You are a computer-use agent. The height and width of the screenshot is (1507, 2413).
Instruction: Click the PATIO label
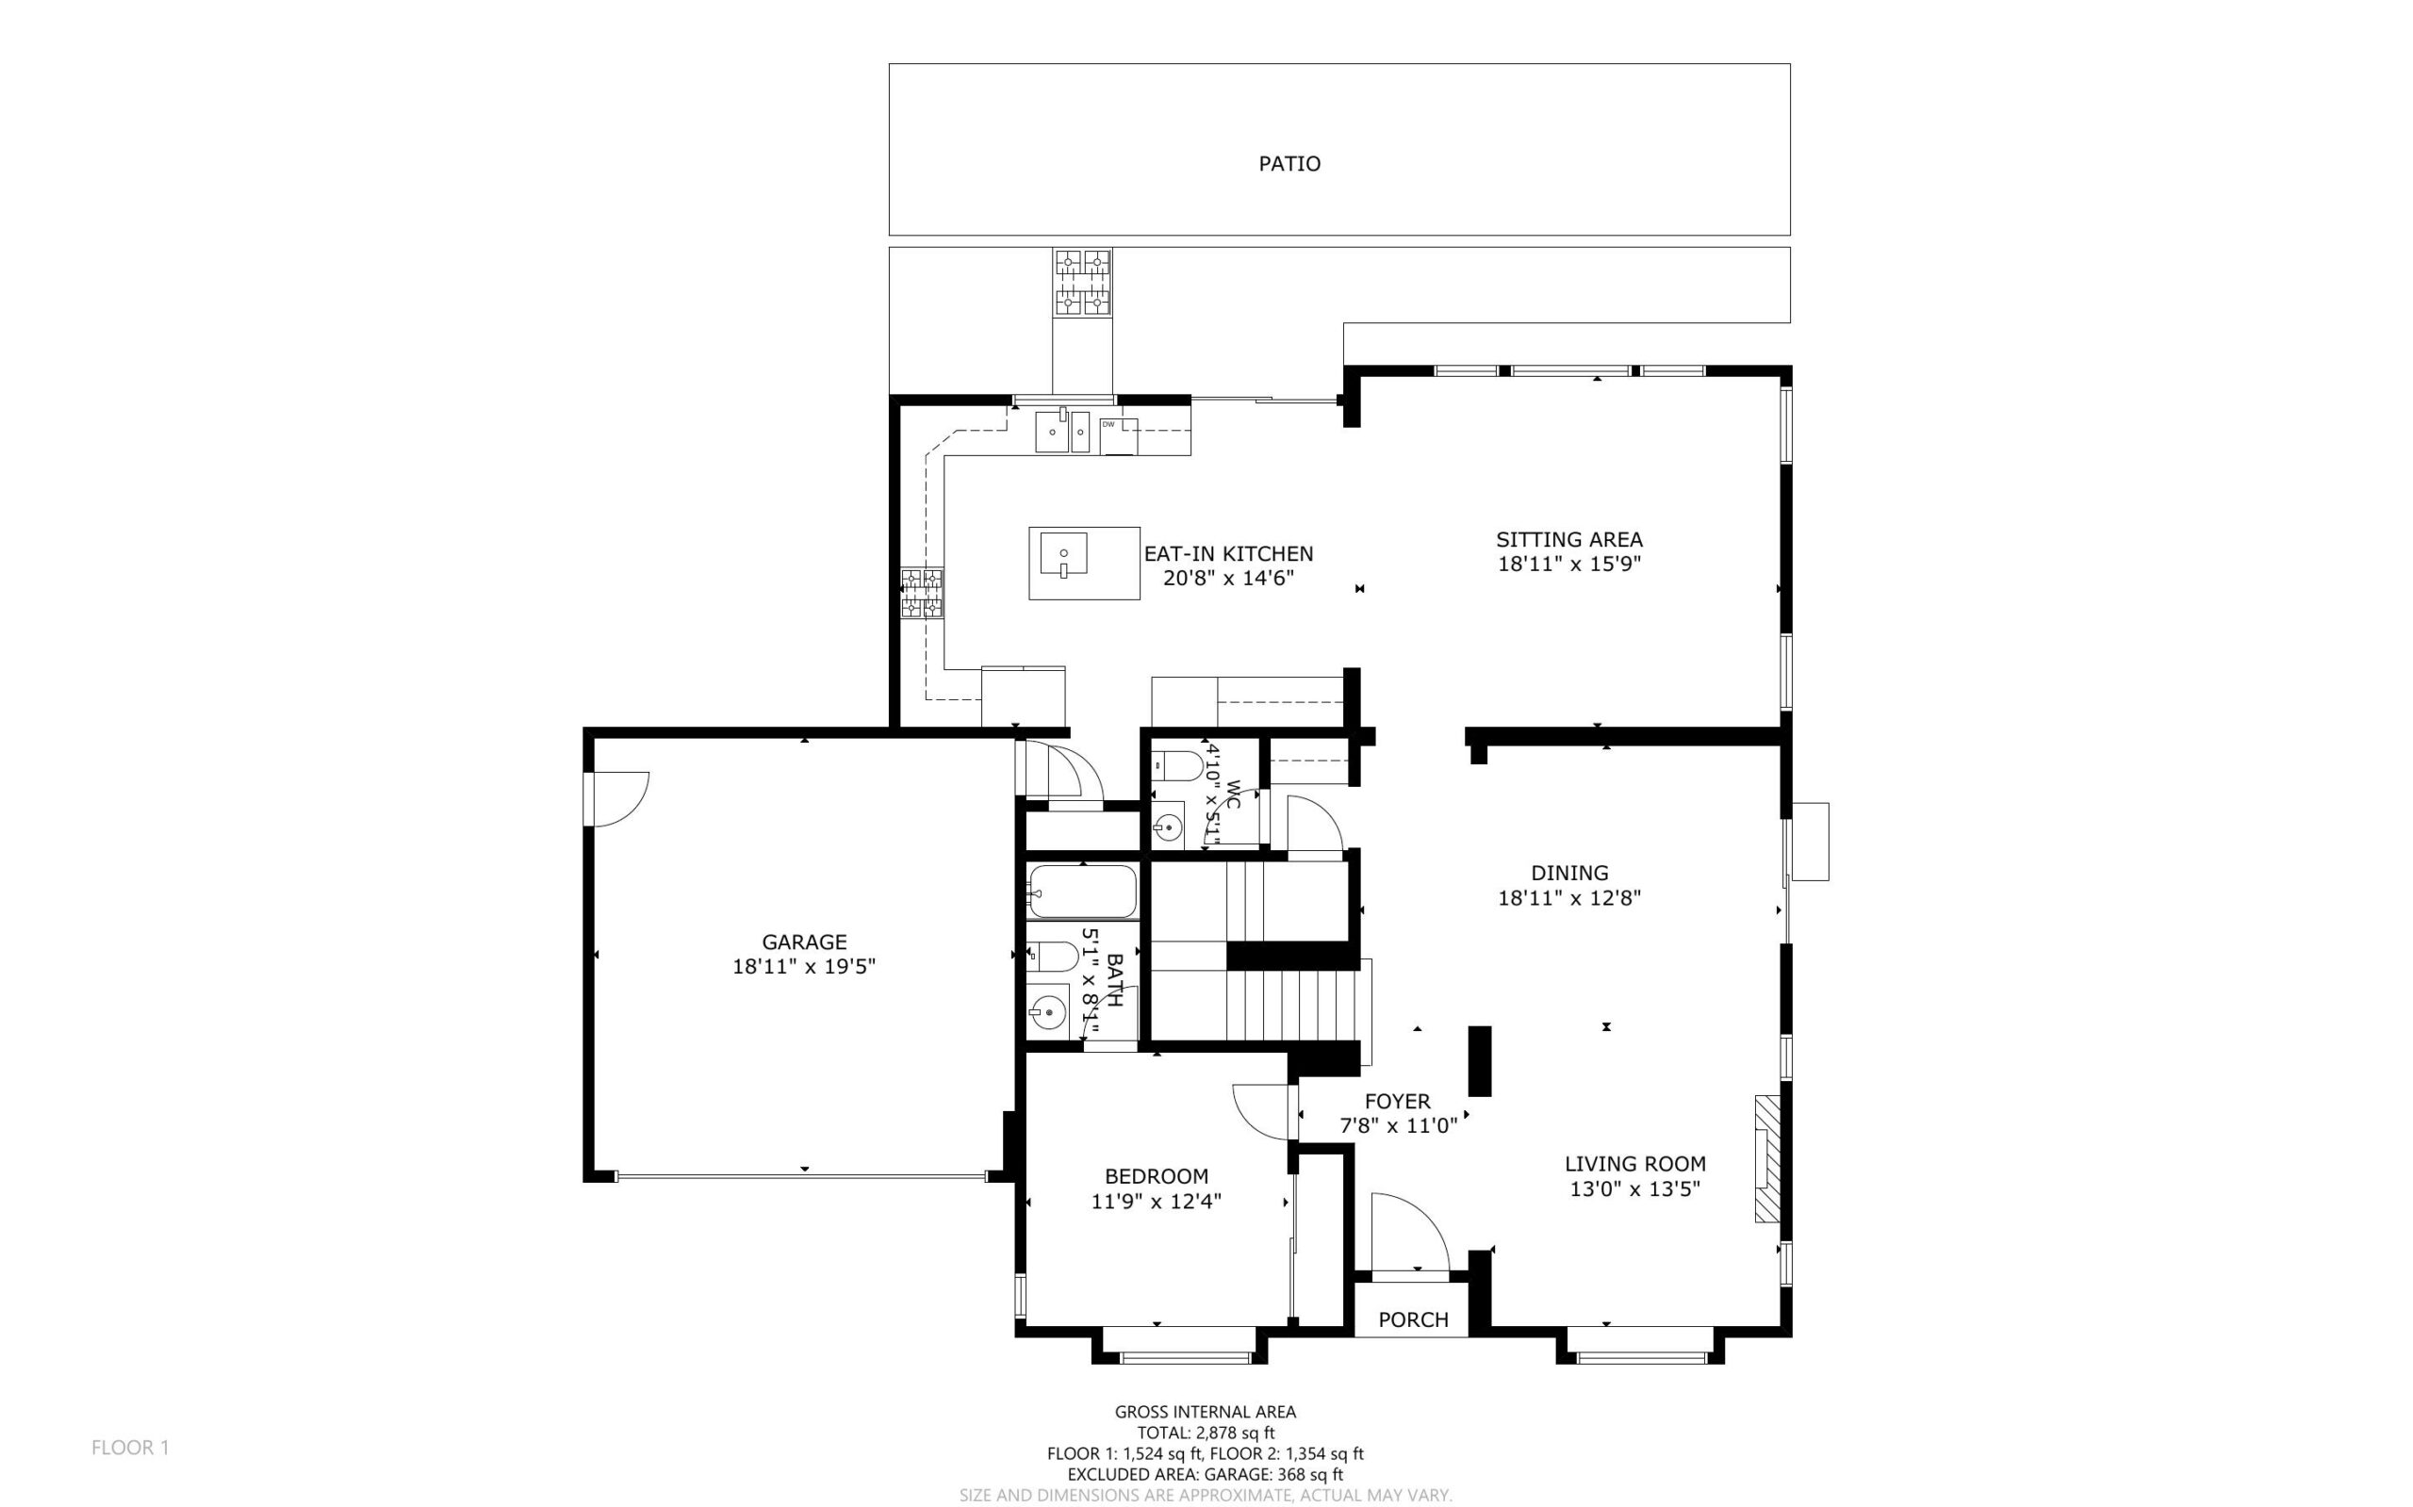tap(1289, 163)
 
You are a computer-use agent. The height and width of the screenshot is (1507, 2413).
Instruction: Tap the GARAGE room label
tap(803, 941)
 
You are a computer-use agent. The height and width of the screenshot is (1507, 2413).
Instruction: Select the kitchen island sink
tap(1062, 555)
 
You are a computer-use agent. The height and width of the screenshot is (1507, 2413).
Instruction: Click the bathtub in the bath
tap(1081, 891)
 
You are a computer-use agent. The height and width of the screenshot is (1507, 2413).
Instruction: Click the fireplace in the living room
tap(1766, 1158)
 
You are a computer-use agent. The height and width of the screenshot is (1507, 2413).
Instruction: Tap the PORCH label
tap(1412, 1319)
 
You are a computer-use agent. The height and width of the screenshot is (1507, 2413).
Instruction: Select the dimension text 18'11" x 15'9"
tap(1568, 565)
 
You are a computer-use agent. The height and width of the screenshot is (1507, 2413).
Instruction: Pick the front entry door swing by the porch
tap(1407, 1232)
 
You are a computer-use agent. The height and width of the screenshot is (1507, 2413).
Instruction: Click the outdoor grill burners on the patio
tap(1082, 282)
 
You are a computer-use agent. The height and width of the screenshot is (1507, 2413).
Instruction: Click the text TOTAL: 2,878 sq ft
tap(1205, 1433)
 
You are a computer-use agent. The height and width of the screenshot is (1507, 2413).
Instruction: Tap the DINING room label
tap(1568, 873)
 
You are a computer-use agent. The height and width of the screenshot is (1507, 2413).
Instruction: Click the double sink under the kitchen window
tap(1061, 434)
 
